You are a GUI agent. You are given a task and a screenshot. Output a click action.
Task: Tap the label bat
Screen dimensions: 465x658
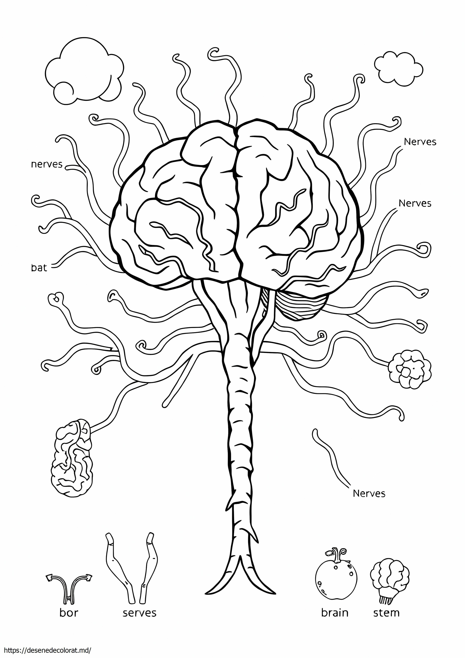pos(39,268)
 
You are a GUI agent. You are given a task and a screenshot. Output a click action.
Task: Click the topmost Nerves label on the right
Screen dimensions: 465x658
pos(420,142)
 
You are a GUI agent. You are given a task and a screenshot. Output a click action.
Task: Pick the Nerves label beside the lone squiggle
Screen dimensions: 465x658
pos(369,493)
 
